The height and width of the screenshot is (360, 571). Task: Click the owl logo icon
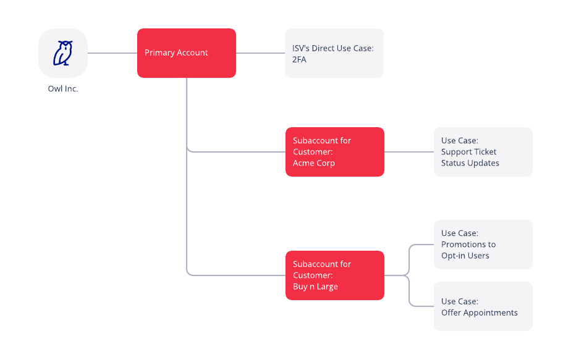pos(63,53)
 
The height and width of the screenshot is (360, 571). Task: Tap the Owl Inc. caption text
pos(63,89)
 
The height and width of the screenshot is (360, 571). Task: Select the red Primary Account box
pos(187,53)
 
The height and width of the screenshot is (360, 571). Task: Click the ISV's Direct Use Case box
pos(334,53)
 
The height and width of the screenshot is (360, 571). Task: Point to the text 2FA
pos(300,59)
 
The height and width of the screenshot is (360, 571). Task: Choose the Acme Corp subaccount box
pos(335,152)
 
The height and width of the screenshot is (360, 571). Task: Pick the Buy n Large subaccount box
pos(335,275)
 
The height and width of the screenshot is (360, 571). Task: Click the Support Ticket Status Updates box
pos(483,152)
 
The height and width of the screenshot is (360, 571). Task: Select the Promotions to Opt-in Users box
pos(483,245)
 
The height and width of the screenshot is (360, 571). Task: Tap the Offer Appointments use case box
pos(483,306)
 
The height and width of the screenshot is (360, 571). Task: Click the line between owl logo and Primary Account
pos(112,53)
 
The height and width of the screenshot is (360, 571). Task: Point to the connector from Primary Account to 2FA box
pos(260,53)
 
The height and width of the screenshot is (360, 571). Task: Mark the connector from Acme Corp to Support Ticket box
pos(409,152)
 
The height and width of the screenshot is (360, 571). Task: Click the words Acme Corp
pos(314,163)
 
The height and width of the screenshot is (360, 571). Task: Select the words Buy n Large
pos(315,287)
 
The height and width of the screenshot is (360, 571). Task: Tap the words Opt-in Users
pos(465,256)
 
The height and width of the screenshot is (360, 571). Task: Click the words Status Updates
pos(470,163)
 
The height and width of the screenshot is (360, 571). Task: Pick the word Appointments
pos(488,312)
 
